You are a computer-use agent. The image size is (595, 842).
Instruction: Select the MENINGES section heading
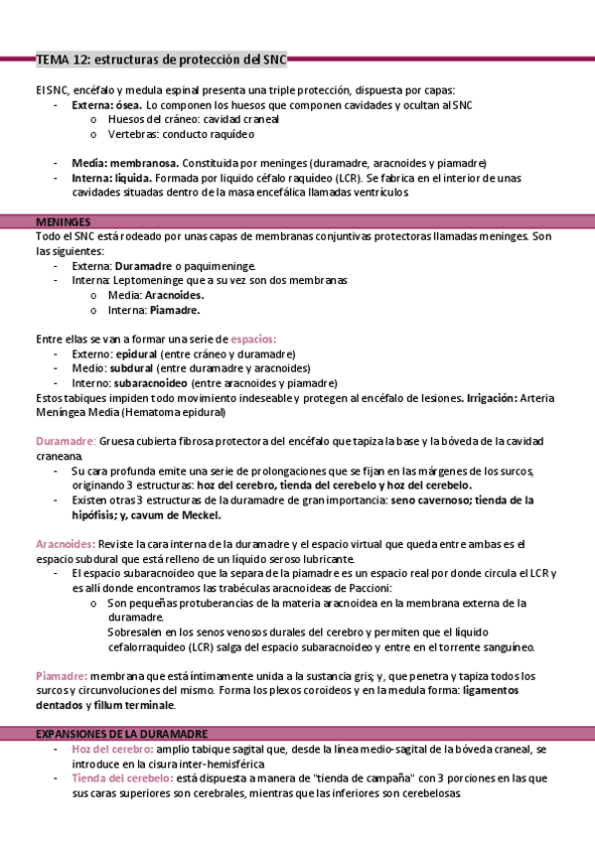pos(64,221)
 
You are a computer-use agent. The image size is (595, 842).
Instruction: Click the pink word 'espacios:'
pos(254,339)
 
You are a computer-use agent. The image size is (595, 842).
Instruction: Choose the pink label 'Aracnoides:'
pos(67,544)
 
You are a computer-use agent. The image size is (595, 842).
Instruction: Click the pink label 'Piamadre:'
pos(62,675)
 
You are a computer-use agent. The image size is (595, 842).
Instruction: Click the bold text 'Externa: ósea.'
pos(106,104)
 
